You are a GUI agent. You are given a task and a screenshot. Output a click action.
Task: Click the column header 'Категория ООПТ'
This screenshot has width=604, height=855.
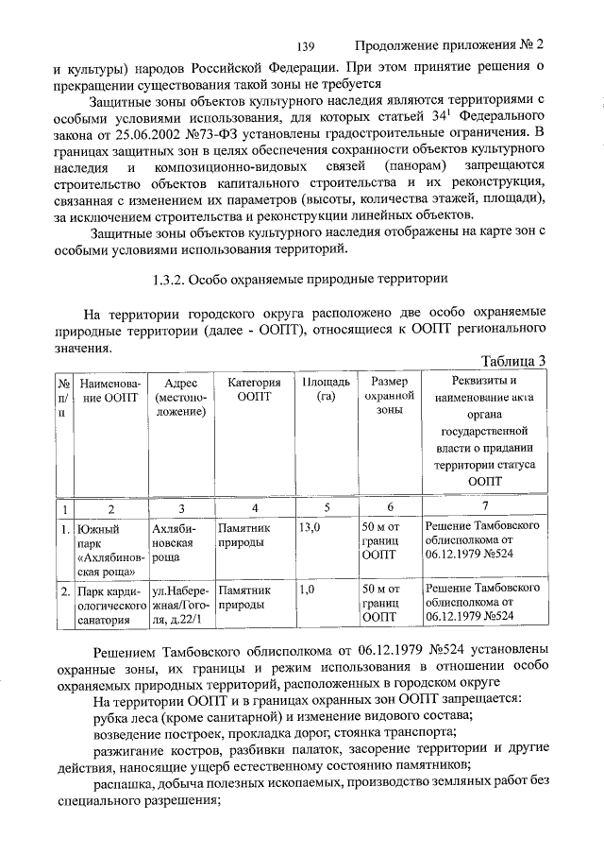tap(249, 390)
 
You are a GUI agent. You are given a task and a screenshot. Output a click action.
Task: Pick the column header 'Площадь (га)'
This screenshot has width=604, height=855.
tap(320, 390)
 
